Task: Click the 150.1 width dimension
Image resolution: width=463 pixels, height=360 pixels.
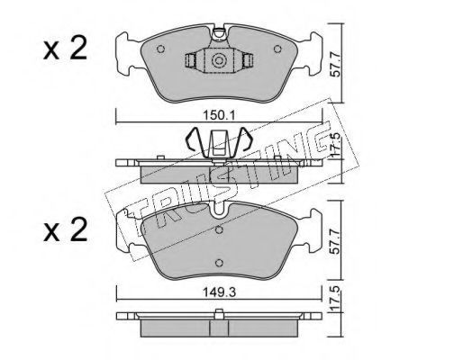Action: pyautogui.click(x=220, y=115)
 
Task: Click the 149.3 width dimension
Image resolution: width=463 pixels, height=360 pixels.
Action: pyautogui.click(x=220, y=292)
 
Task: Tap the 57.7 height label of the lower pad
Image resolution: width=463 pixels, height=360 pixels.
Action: pyautogui.click(x=336, y=241)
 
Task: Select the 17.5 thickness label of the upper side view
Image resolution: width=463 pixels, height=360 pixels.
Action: pyautogui.click(x=336, y=144)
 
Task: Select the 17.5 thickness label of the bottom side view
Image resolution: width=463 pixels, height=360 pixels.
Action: pyautogui.click(x=336, y=298)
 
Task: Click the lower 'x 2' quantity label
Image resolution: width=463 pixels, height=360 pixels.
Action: pyautogui.click(x=65, y=230)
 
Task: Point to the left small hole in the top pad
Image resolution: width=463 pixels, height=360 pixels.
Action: pyautogui.click(x=161, y=49)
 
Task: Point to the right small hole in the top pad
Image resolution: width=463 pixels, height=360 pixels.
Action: pyautogui.click(x=277, y=49)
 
